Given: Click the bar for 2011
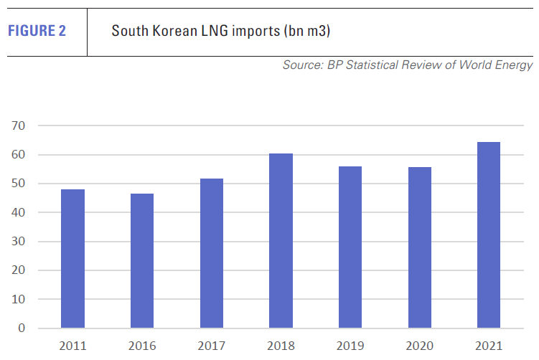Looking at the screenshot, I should click(72, 258).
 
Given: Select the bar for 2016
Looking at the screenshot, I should click(142, 260).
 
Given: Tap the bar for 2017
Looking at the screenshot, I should click(212, 253).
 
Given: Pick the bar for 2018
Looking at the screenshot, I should click(281, 240).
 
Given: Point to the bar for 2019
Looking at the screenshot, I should click(350, 247).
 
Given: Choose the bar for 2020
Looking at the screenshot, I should click(419, 247).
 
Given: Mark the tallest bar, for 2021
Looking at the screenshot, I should click(488, 235).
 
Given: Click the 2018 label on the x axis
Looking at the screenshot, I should click(281, 346).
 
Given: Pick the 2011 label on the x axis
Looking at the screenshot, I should click(72, 346).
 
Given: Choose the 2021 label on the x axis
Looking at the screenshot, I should click(488, 346).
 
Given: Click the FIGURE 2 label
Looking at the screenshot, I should click(37, 31).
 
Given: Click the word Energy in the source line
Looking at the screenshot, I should click(515, 65).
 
